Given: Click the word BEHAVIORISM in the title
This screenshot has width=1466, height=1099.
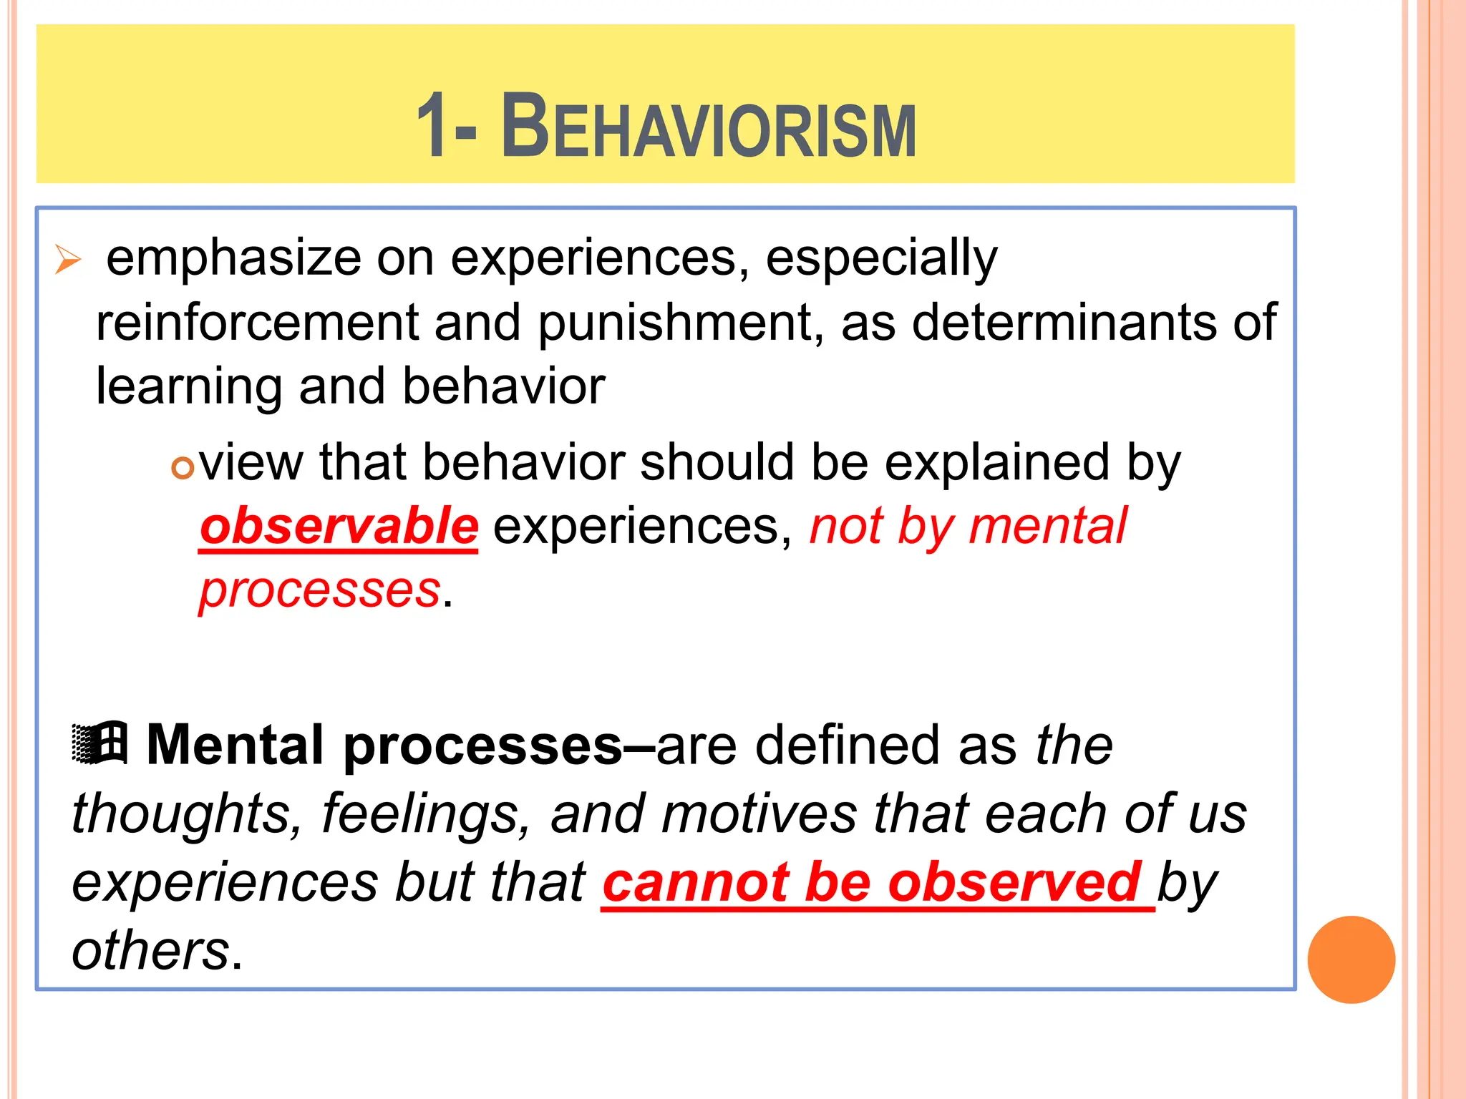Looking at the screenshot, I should click(x=709, y=128).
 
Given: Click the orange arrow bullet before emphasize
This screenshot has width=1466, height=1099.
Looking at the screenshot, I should click(x=68, y=259).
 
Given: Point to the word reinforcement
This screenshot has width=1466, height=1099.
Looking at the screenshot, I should click(x=256, y=323).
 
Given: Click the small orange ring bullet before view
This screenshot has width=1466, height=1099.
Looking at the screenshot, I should click(x=183, y=469).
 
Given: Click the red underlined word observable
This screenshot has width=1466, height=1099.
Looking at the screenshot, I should click(x=339, y=527).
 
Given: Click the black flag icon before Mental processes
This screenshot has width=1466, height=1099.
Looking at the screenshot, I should click(x=100, y=743).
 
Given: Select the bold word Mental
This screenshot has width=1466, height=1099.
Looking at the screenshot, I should click(x=236, y=745).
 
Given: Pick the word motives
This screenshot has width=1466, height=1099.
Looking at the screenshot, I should click(x=758, y=814).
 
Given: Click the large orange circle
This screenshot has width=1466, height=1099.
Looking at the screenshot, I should click(x=1351, y=959).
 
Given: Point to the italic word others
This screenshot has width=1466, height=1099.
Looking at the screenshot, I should click(x=150, y=951).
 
